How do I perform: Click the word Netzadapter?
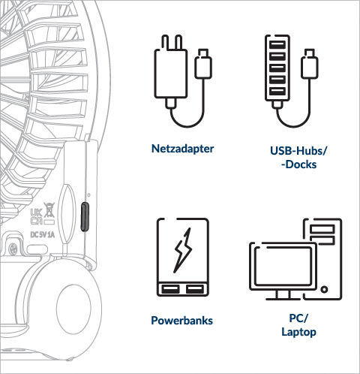[182, 149]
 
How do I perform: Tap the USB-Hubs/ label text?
[298, 151]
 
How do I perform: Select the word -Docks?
[298, 164]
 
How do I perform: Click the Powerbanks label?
[181, 321]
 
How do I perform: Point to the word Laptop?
[298, 332]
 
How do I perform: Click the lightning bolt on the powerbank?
[183, 250]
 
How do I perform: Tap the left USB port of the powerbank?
[170, 289]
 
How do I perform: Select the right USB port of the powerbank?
[195, 289]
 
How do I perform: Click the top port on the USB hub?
[277, 44]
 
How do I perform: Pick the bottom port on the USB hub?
[277, 91]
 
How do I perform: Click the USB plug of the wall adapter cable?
[203, 63]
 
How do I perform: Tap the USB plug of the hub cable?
[310, 63]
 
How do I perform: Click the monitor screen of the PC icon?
[283, 266]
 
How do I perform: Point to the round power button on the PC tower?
[324, 289]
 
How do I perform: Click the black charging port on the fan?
[85, 216]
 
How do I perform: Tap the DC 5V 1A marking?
[42, 235]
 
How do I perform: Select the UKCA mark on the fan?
[36, 217]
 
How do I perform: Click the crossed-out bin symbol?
[49, 210]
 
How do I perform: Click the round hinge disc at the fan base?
[73, 309]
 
